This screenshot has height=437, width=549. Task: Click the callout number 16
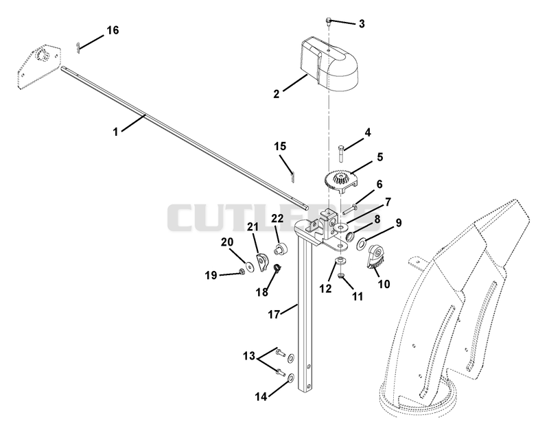[x=113, y=30]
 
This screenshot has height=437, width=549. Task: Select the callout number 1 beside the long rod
[x=115, y=132]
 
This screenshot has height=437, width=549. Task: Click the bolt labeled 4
[x=341, y=153]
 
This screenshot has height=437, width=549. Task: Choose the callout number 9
[x=399, y=223]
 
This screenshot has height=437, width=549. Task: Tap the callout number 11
[x=357, y=296]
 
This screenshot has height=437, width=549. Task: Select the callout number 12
[x=325, y=289]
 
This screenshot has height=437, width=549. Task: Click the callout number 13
[x=249, y=356]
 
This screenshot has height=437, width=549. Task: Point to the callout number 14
[x=261, y=397]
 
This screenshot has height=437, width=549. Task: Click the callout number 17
[x=274, y=314]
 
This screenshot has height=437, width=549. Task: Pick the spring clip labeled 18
[x=277, y=268]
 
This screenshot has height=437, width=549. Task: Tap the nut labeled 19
[x=242, y=271]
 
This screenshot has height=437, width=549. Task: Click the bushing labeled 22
[x=281, y=250]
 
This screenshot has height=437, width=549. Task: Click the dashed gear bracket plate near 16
[x=38, y=67]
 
